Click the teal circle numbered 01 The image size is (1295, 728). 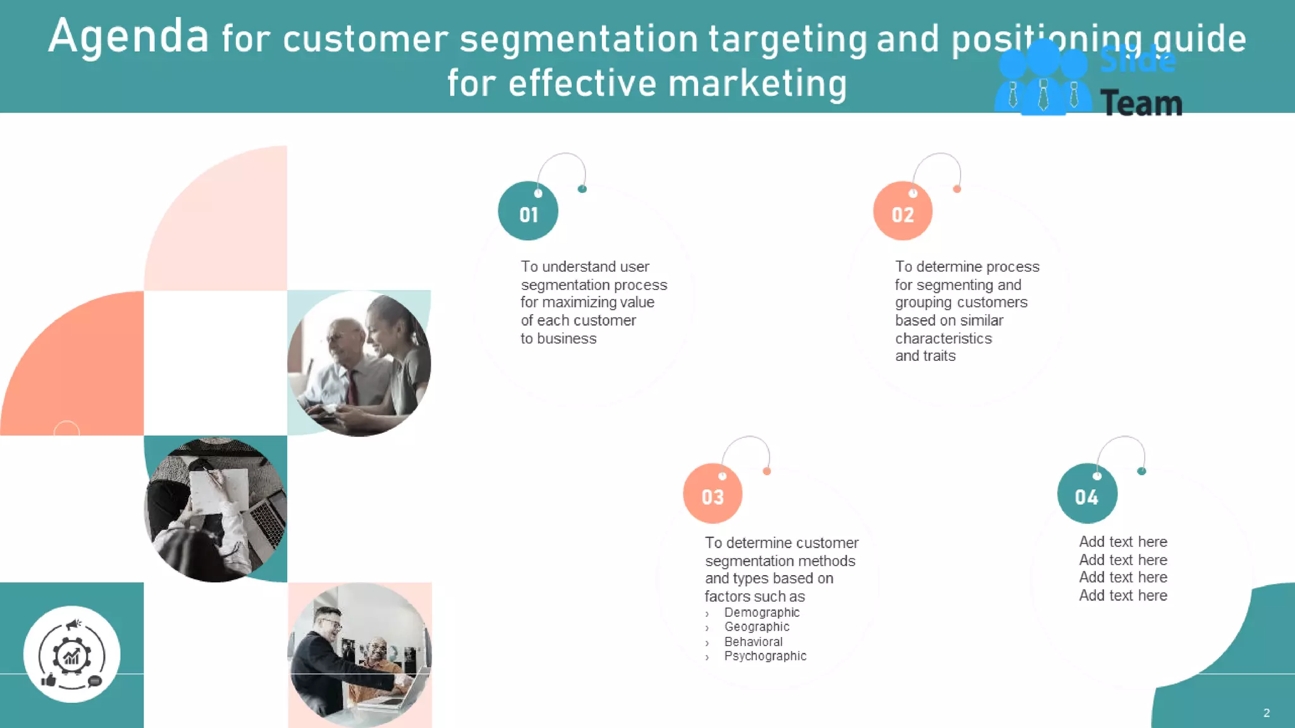click(x=528, y=211)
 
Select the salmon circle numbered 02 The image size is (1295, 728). click(x=902, y=211)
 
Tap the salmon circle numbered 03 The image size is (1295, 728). click(x=713, y=494)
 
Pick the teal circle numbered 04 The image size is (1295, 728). click(x=1087, y=494)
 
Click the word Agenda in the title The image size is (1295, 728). click(x=128, y=37)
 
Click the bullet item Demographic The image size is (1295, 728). click(x=761, y=612)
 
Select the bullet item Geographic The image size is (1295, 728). click(x=756, y=627)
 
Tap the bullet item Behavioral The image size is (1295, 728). click(x=753, y=642)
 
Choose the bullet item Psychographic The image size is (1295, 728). click(x=765, y=657)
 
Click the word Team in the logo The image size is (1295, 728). click(x=1141, y=103)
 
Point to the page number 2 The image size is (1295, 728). click(x=1267, y=713)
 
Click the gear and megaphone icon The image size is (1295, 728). click(x=71, y=655)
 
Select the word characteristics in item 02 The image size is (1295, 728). click(x=943, y=339)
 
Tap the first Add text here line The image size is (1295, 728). click(x=1123, y=542)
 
